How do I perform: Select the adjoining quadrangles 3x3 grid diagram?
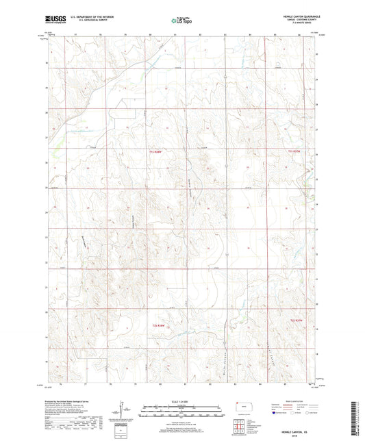pyautogui.click(x=240, y=430)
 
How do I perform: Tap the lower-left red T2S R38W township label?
pyautogui.click(x=159, y=325)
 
